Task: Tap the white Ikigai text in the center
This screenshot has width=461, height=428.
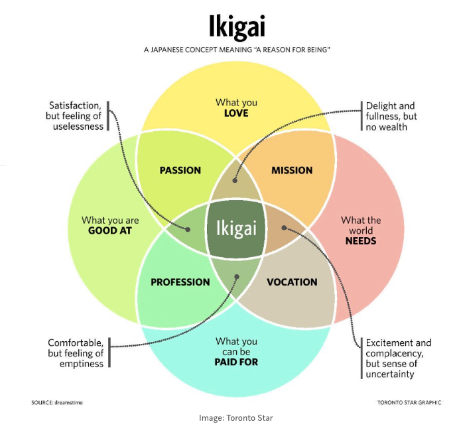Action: [x=236, y=229]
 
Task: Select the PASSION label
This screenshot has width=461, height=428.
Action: [x=180, y=170]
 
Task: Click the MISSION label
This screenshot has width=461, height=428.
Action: [x=292, y=170]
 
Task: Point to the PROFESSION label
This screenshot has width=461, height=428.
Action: [x=180, y=282]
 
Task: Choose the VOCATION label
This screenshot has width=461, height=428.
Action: [x=292, y=282]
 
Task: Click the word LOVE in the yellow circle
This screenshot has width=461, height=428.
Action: [x=236, y=113]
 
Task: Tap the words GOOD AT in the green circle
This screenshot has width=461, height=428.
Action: [x=110, y=231]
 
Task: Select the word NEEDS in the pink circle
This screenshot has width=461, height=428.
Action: [x=361, y=241]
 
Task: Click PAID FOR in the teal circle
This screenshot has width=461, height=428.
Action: [x=236, y=362]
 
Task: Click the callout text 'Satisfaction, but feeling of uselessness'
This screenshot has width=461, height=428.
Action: [x=76, y=115]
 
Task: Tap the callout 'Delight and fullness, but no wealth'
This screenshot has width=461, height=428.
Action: [x=391, y=115]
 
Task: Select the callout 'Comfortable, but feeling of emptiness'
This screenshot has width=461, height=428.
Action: [x=76, y=352]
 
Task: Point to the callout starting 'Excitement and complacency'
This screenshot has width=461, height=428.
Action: [x=399, y=358]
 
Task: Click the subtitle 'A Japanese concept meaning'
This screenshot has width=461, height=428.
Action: [x=237, y=50]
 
